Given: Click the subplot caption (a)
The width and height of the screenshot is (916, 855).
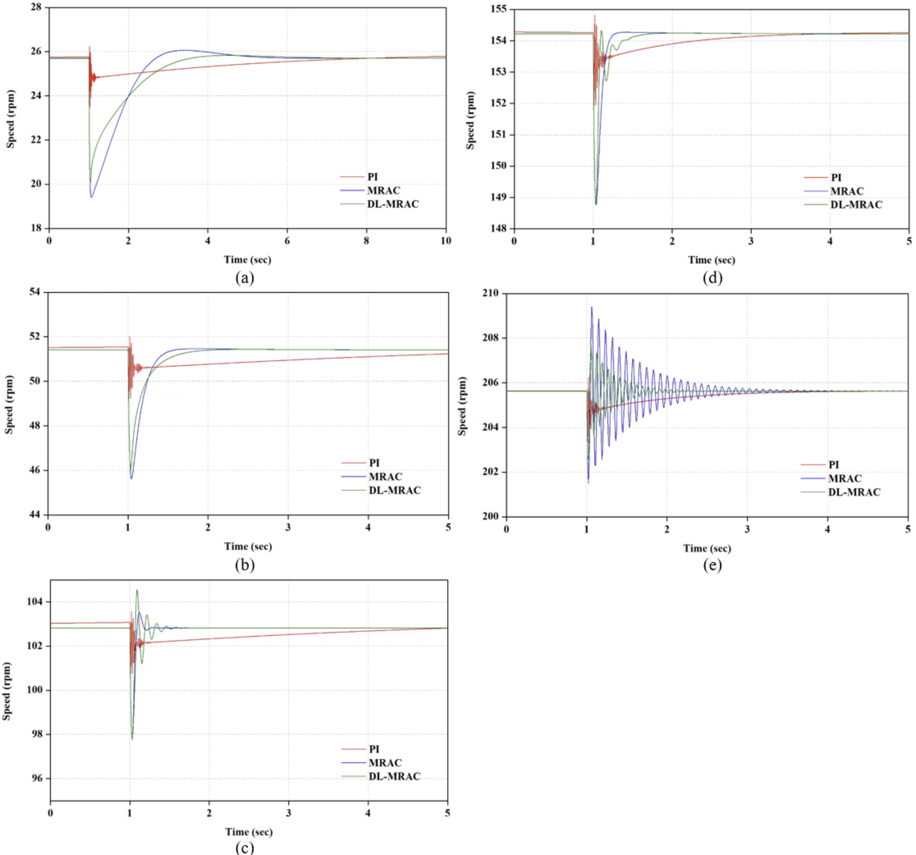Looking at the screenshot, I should coord(245,278).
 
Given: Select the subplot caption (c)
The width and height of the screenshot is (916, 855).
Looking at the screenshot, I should coord(245,847).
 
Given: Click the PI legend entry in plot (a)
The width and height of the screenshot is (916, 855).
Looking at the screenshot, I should coord(372,177).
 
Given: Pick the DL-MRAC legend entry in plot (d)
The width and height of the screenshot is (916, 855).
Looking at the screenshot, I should coord(856,205).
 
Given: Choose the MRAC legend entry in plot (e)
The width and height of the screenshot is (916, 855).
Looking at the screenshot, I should coord(844,478).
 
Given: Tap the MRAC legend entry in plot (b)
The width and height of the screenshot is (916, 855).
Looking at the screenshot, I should coord(385,477).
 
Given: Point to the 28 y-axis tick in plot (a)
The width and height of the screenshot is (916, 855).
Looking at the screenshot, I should coord(36,7).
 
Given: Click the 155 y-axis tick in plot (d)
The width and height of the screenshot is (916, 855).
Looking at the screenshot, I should coord(499,9).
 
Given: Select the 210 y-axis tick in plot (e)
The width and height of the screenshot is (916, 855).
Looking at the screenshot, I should coord(490,293).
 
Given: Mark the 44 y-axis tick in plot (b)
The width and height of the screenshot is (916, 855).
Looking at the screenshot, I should coord(35,514).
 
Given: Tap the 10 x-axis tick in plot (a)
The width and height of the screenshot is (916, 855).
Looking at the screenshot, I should coord(446,240).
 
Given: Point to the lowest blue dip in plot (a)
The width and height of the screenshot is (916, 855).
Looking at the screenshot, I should coord(92,197).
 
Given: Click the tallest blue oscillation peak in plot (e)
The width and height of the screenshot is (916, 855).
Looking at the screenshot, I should coord(592,308).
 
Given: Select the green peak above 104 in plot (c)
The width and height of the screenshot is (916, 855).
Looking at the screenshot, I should coord(137,590).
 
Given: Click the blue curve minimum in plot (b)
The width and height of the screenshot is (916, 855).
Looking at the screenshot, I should coord(131,478).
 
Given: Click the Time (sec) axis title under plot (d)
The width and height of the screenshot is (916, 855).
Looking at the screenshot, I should coord(712,260).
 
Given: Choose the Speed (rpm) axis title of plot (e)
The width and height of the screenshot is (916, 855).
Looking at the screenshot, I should coord(462,406).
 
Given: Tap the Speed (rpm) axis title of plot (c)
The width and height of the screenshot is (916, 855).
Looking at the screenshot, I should coord(6,691).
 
